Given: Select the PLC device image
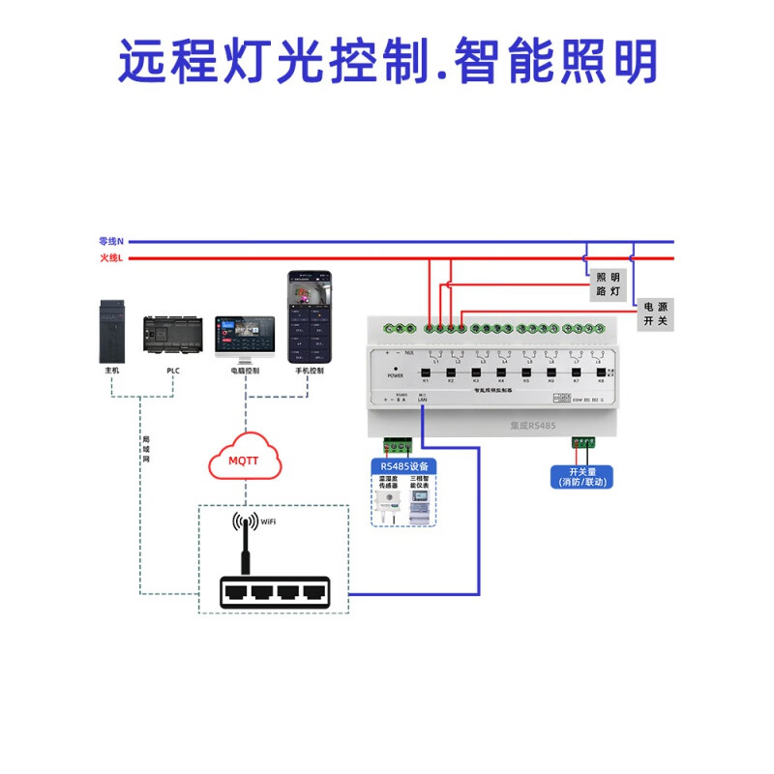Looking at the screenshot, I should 173,336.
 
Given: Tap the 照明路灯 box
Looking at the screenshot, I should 608,283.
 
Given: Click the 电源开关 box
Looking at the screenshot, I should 655,313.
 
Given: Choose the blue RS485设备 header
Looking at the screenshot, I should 403,466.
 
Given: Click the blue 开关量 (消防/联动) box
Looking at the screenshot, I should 580,476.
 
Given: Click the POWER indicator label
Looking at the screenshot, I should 395,373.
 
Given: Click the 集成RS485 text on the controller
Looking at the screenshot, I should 532,423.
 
